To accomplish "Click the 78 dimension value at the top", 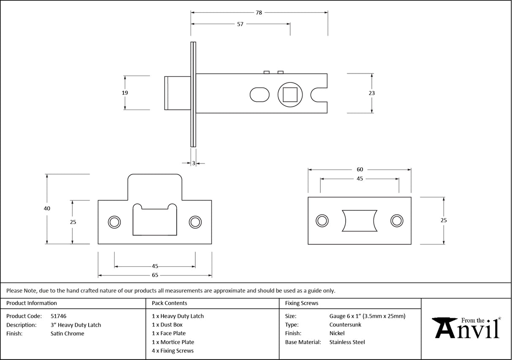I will click(259, 13).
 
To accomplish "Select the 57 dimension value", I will click(240, 24).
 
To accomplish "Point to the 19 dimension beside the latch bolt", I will click(125, 93).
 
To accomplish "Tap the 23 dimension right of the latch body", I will click(372, 93).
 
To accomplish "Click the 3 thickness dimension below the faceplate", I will click(194, 163).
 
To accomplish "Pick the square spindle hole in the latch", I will click(290, 94).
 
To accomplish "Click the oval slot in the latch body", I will click(259, 94).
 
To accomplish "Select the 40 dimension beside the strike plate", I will click(47, 208).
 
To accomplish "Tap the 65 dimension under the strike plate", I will click(155, 275).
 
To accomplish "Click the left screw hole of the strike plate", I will click(114, 222).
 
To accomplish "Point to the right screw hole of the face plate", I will click(396, 220).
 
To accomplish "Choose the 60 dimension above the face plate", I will click(360, 169).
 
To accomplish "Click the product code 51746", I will click(58, 316).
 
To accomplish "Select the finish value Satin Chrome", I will click(67, 334).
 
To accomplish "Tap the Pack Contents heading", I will click(169, 303).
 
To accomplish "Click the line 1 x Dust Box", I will click(167, 325).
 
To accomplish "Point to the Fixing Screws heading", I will click(302, 303).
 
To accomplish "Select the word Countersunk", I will click(345, 325).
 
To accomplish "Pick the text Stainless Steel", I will click(347, 342).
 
